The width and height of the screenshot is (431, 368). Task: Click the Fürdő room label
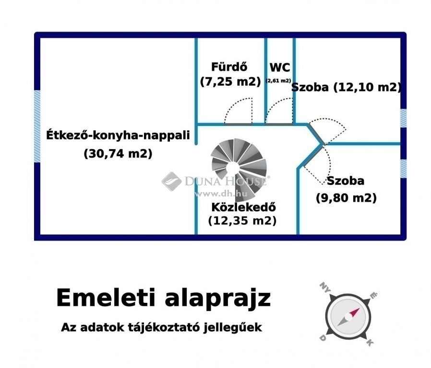(x=229, y=67)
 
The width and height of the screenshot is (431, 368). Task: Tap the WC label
(x=280, y=68)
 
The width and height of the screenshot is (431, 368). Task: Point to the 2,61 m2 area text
(x=278, y=80)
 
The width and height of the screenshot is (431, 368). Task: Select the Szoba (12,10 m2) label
(x=347, y=87)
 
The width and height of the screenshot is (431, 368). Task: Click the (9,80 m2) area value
(x=346, y=198)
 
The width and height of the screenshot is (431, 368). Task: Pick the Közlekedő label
(x=243, y=207)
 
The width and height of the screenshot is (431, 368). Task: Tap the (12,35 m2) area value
(x=242, y=220)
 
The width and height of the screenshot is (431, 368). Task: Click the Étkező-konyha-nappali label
(x=118, y=135)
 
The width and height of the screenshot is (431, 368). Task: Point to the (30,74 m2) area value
(x=118, y=153)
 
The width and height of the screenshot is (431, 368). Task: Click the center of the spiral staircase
(x=233, y=167)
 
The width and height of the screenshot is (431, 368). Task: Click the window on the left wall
(x=37, y=126)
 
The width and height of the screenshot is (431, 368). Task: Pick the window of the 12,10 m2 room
(x=403, y=118)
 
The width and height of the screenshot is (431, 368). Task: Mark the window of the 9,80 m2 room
(x=403, y=169)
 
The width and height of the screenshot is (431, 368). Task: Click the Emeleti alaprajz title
(x=164, y=299)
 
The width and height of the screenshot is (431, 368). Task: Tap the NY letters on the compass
(x=325, y=287)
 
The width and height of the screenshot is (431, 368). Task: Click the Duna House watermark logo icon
(x=171, y=182)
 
